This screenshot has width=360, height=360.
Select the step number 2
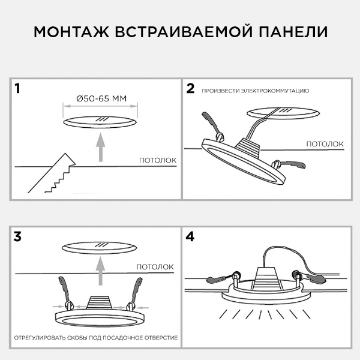coord(191,89)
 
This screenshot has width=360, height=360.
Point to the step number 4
coord(191,236)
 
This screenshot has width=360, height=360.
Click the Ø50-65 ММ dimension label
coord(101,98)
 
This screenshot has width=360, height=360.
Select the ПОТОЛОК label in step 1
coord(157,160)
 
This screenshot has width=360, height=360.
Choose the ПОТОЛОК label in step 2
coord(325,144)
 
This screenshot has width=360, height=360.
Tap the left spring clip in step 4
coord(218,278)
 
